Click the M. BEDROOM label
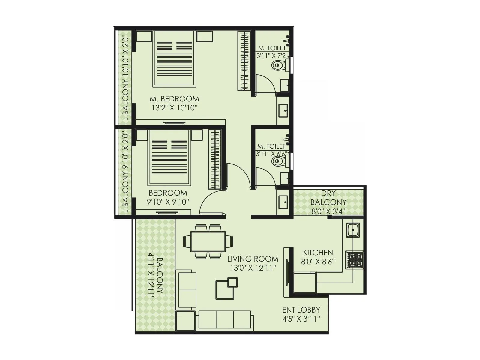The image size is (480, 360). pos(174,99)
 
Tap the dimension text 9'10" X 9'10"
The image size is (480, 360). pos(168,202)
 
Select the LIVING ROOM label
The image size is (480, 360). pos(253,259)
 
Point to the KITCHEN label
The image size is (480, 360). pos(318,253)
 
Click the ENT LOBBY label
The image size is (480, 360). pos(301,310)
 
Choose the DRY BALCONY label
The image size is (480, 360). pos(328,198)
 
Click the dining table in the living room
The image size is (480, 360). pos(208,241)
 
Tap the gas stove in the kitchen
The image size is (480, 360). pos(355,259)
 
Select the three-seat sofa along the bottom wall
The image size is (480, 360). pos(225,320)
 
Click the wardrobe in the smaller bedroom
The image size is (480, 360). pos(214,159)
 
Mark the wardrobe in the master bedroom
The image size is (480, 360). pos(244,60)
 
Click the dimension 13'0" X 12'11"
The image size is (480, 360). pos(252,268)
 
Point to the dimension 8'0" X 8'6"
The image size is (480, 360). pos(318,262)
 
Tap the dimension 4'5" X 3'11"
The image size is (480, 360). pos(301,319)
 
